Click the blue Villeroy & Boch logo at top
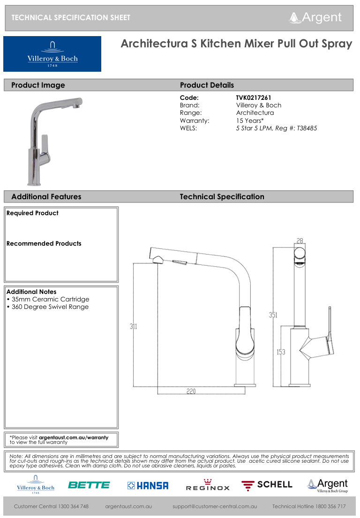click(52, 54)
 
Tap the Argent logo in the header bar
click(315, 18)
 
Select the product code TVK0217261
click(254, 98)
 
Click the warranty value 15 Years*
click(250, 120)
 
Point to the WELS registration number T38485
click(307, 128)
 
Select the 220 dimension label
click(191, 391)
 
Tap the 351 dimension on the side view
click(273, 315)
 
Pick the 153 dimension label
click(280, 352)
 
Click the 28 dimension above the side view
click(300, 241)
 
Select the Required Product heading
click(32, 213)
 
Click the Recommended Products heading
click(44, 244)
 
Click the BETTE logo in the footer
click(89, 485)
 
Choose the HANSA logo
click(148, 486)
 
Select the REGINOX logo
click(208, 485)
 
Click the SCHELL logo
click(267, 485)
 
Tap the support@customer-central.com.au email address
click(215, 506)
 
